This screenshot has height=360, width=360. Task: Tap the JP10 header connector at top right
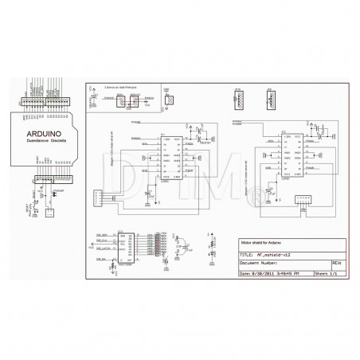pos(270,100)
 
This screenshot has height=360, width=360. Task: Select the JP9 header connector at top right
pos(237,100)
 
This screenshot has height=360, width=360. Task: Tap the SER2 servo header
pos(147,101)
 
